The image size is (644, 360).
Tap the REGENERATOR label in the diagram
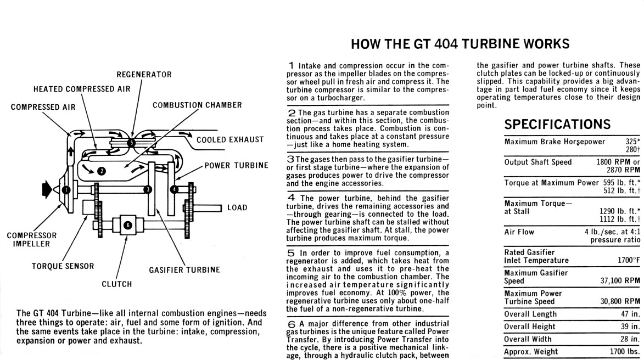tap(144, 75)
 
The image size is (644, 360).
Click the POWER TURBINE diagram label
tap(236, 165)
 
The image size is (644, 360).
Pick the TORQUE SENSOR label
tap(62, 267)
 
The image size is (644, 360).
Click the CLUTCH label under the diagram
tap(117, 284)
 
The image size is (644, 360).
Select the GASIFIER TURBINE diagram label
tap(184, 270)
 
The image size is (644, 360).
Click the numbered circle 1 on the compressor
tap(66, 190)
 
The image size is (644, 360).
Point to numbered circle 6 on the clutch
tap(127, 225)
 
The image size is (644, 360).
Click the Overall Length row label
tap(530, 314)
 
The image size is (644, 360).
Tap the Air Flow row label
tap(519, 232)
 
